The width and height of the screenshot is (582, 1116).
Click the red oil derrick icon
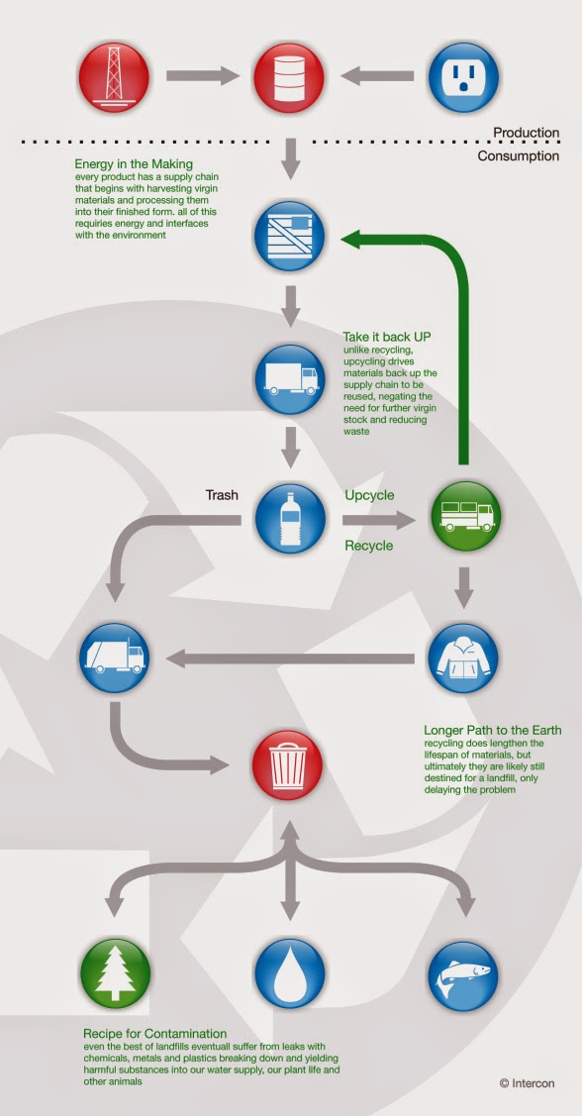(114, 77)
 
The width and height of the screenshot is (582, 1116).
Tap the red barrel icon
(288, 77)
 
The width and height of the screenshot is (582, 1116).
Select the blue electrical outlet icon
(463, 77)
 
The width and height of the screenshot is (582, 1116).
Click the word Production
(527, 133)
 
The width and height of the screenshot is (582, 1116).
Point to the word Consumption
(518, 155)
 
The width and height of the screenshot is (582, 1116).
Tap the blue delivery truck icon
(288, 379)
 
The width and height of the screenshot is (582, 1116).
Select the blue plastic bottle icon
(288, 519)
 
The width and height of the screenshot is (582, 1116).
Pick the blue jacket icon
(463, 659)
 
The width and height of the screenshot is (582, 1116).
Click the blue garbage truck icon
(114, 659)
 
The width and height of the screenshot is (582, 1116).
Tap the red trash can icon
(288, 765)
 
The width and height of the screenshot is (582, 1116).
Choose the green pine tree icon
(115, 973)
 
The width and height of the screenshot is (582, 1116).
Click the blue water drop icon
(288, 973)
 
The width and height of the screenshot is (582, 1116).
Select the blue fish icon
(463, 973)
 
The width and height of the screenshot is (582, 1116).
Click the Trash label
(222, 495)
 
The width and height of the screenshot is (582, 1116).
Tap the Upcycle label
(369, 495)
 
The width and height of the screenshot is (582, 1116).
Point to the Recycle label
(368, 546)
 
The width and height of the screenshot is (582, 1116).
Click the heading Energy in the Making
(134, 164)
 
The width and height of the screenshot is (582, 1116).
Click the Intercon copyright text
(527, 1083)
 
